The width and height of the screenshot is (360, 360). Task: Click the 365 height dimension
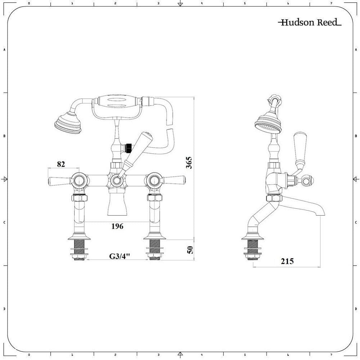(x=189, y=163)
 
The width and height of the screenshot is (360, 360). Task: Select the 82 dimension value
(x=61, y=164)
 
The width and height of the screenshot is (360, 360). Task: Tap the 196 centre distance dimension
(x=117, y=226)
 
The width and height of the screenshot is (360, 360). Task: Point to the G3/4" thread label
(x=119, y=257)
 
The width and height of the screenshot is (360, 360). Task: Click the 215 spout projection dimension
(x=287, y=261)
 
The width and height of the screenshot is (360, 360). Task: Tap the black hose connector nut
(x=126, y=147)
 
